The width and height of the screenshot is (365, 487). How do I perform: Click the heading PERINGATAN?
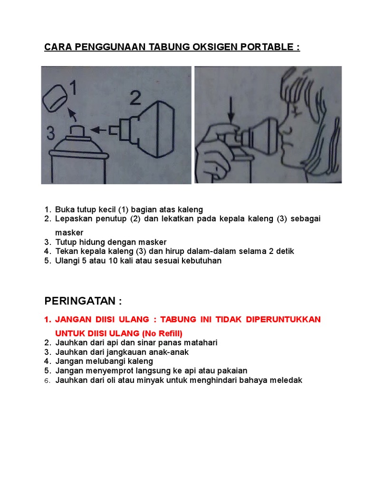(80, 301)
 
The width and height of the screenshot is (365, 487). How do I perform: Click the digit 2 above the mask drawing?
(135, 98)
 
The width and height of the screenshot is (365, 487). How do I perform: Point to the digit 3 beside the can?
(50, 133)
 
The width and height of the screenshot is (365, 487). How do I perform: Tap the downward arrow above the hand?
(231, 109)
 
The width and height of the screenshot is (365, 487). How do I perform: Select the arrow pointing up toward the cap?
(72, 114)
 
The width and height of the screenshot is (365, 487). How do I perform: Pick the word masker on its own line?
(69, 233)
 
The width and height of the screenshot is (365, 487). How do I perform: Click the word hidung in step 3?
(92, 242)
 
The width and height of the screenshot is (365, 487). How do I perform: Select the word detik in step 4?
(285, 251)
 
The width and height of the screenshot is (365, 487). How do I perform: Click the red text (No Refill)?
(162, 333)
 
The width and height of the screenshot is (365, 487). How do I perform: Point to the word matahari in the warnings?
(201, 342)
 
